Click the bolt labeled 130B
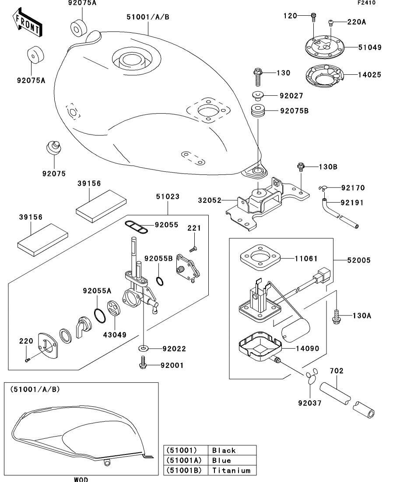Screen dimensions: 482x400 pos(301,166)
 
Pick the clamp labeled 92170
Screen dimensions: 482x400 pos(322,188)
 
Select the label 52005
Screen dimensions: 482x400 pos(359,260)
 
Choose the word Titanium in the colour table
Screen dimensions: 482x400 pos(231,471)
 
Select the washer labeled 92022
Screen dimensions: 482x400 pos(144,348)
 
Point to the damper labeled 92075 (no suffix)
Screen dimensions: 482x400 pos(54,147)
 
